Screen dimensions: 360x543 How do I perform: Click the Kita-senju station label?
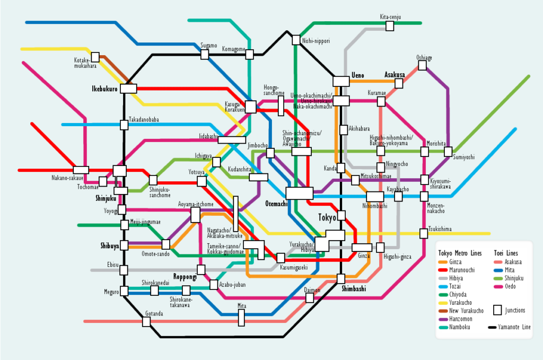click(390, 17)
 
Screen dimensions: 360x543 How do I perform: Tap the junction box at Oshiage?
click(422, 65)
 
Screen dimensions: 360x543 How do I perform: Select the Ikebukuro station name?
click(104, 89)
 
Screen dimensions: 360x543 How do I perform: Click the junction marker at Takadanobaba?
click(124, 125)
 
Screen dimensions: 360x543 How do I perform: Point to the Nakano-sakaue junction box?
click(81, 170)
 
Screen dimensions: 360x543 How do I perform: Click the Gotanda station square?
click(146, 322)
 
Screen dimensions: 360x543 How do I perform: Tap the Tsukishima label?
click(440, 229)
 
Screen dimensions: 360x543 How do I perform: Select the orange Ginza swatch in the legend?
click(443, 262)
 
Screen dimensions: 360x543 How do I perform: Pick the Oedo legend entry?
click(507, 287)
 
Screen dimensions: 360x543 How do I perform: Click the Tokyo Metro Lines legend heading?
click(460, 252)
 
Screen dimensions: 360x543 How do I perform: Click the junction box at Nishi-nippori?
click(296, 40)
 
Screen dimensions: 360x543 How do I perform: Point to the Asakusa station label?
click(395, 75)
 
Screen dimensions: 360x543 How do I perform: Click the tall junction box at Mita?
click(241, 318)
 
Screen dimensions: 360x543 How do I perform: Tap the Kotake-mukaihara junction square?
click(95, 57)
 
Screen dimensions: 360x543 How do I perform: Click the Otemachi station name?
click(276, 203)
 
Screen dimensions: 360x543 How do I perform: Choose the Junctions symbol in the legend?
click(497, 310)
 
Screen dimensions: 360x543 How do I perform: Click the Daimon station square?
click(310, 298)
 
